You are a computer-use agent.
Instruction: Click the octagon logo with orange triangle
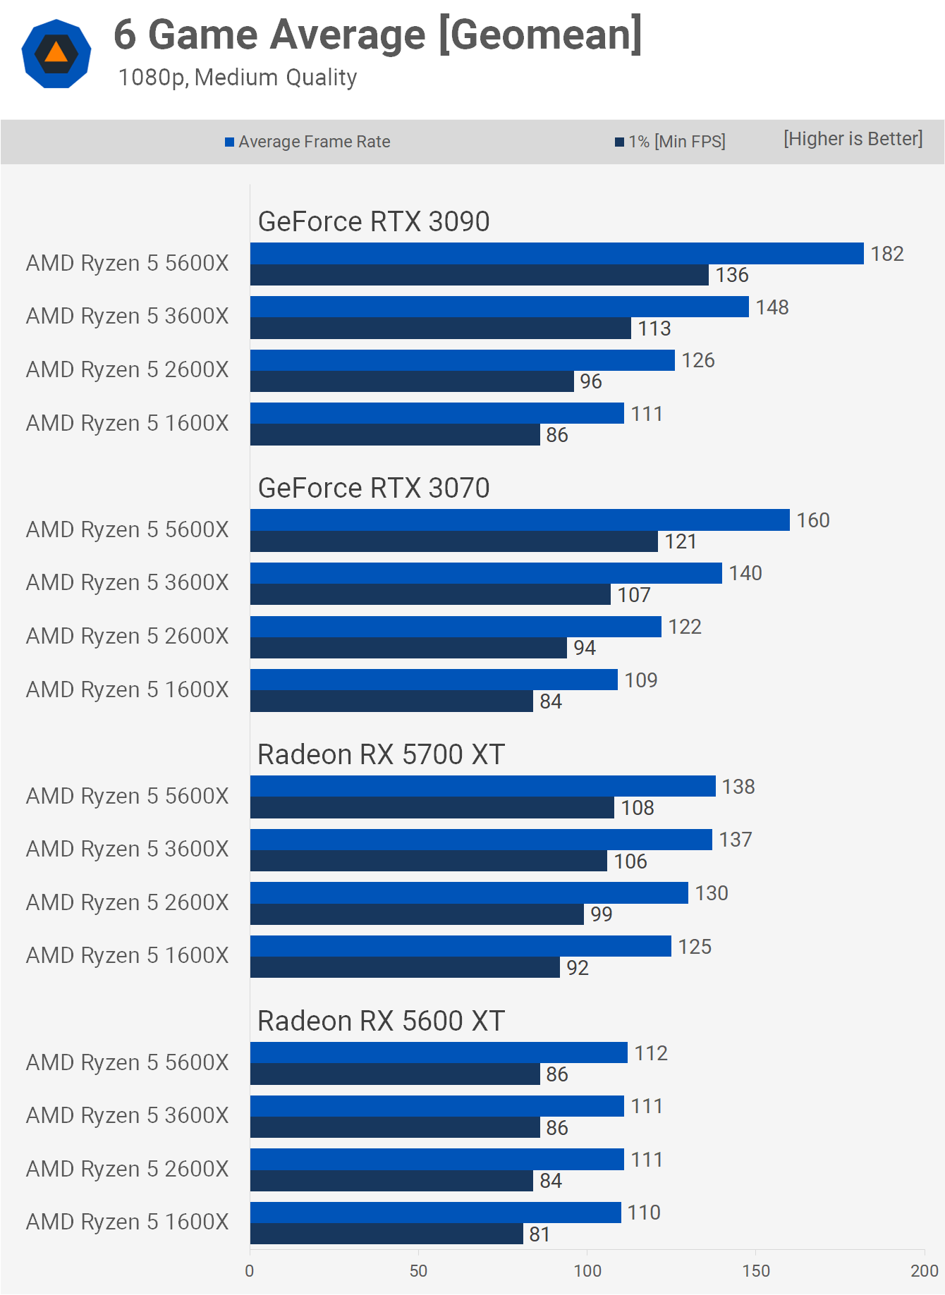click(x=56, y=54)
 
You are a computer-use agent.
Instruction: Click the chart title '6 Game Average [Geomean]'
click(x=378, y=35)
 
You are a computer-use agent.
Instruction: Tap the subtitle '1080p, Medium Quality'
click(x=238, y=78)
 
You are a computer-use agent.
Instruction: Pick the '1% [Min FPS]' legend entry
click(x=670, y=142)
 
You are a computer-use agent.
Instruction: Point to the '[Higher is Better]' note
click(x=853, y=139)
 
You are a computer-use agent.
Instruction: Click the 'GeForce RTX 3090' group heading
click(x=374, y=221)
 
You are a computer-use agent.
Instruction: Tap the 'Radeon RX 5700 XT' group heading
click(x=381, y=754)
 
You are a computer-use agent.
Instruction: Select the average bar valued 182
click(x=556, y=254)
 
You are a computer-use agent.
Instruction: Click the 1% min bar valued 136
click(x=480, y=275)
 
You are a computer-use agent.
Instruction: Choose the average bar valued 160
click(x=520, y=520)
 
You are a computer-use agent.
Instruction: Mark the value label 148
click(x=772, y=307)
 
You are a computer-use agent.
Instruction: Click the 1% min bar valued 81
click(x=386, y=1234)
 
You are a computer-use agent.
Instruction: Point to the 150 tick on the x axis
click(x=756, y=1271)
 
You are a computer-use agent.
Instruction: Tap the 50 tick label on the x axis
click(x=418, y=1271)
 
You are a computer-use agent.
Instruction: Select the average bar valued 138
click(x=483, y=786)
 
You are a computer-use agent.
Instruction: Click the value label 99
click(x=601, y=914)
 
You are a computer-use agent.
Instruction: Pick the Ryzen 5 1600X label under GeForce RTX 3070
click(x=128, y=689)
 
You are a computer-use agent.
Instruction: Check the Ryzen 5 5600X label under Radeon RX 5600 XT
click(x=128, y=1062)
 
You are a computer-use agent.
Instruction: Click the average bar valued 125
click(x=461, y=946)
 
